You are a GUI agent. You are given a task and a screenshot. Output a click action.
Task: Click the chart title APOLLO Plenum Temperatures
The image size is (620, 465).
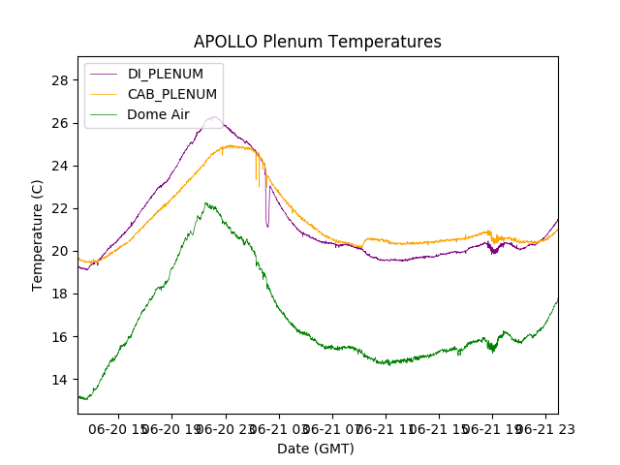[317, 42]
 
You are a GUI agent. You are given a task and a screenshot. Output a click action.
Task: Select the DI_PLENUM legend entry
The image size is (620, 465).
[166, 74]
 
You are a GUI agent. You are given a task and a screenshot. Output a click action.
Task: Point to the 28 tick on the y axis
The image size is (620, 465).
[61, 79]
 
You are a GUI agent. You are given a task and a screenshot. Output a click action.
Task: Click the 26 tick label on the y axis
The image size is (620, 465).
[61, 123]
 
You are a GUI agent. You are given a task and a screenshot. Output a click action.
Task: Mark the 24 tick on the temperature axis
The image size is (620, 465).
[61, 166]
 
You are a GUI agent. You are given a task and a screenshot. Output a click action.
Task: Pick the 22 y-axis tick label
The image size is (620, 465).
[61, 208]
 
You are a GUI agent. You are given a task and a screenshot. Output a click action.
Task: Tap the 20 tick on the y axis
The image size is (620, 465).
[61, 251]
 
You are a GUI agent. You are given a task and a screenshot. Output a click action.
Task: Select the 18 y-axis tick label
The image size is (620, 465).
[61, 294]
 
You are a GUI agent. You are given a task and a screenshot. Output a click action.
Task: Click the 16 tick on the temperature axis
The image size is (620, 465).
[61, 337]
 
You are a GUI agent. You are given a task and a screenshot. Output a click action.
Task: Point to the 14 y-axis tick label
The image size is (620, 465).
[61, 380]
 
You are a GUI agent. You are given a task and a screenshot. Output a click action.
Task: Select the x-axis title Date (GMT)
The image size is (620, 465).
[316, 449]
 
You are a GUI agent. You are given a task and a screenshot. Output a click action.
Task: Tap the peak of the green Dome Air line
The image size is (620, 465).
[205, 203]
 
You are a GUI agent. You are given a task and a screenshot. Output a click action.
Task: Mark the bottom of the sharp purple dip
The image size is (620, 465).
[267, 227]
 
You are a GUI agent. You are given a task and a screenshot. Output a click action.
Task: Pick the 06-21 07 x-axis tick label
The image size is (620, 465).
[332, 427]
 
